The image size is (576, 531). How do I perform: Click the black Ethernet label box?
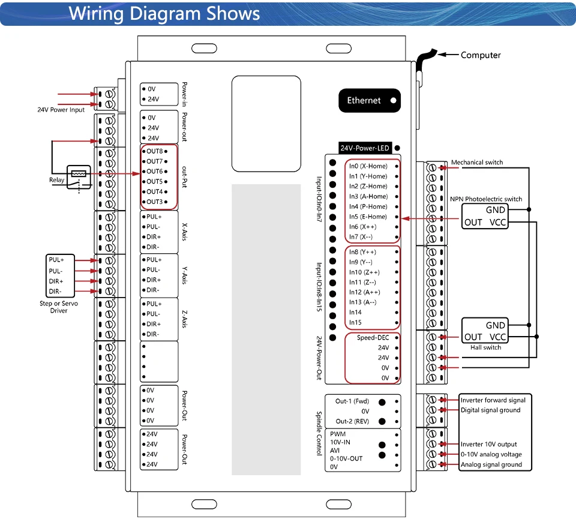click(x=370, y=100)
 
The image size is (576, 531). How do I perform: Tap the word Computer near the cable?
click(x=481, y=55)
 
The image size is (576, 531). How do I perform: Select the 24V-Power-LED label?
click(x=364, y=148)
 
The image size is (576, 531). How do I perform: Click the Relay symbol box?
click(x=79, y=177)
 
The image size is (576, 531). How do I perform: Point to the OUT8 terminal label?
click(x=155, y=151)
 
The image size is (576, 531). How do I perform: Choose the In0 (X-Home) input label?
click(x=368, y=166)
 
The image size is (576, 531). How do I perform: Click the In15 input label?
click(x=355, y=322)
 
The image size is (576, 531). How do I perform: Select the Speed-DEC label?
click(x=373, y=337)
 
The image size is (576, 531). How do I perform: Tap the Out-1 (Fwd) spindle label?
click(x=352, y=401)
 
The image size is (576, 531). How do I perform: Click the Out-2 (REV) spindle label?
click(x=352, y=421)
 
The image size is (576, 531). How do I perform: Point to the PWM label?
click(x=338, y=434)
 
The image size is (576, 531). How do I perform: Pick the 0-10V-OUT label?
click(x=346, y=458)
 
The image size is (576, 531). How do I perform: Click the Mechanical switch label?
click(x=477, y=163)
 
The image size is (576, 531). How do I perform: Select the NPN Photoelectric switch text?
click(x=486, y=199)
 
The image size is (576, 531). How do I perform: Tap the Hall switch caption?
click(x=485, y=347)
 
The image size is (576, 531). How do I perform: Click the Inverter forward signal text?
click(x=493, y=400)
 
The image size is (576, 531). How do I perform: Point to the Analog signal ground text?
click(x=491, y=464)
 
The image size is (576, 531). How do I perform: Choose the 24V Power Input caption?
click(x=61, y=110)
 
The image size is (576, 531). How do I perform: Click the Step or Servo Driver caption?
click(x=59, y=307)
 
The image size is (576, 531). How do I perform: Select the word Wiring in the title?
click(x=96, y=14)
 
